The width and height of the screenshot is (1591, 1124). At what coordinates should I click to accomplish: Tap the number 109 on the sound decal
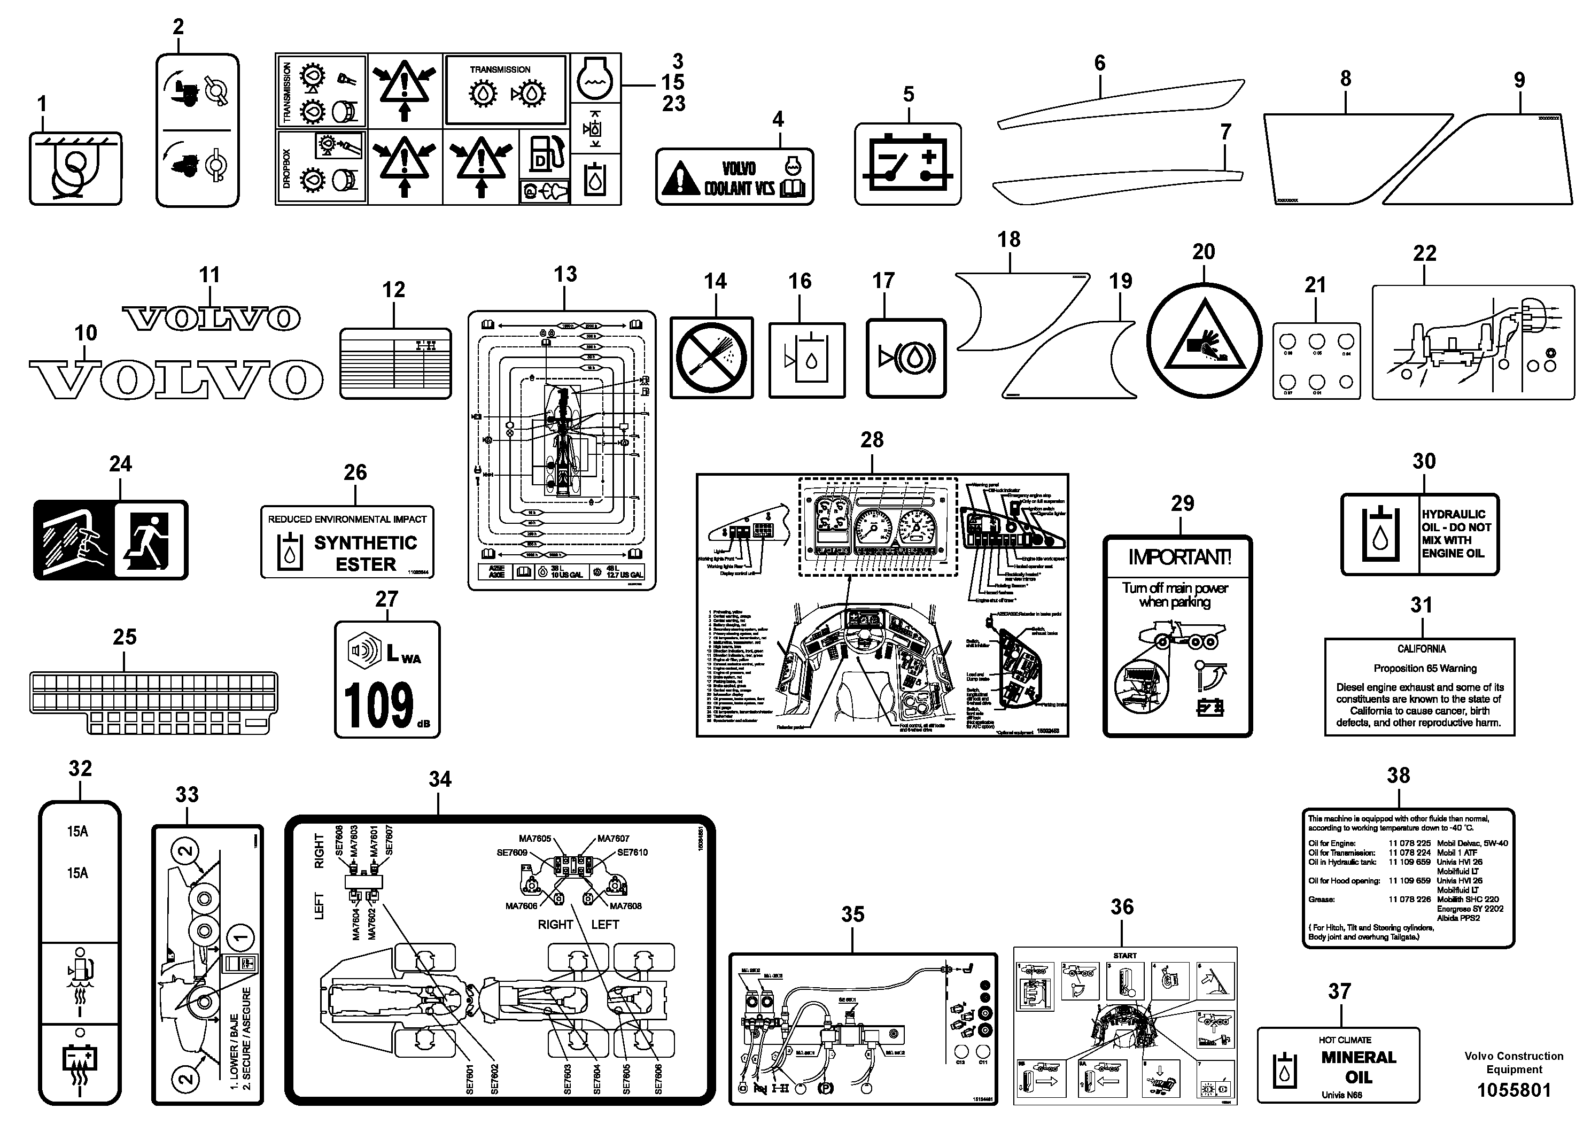pos(378,706)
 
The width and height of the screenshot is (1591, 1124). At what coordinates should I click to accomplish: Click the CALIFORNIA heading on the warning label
pos(1421,649)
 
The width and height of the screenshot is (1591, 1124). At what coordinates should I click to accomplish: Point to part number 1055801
pos(1514,1090)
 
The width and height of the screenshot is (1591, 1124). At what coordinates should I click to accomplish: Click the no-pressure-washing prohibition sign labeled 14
pos(712,358)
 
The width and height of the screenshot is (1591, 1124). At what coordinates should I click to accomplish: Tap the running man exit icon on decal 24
pos(150,540)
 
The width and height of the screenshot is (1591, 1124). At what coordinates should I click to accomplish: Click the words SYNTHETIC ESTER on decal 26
pos(365,553)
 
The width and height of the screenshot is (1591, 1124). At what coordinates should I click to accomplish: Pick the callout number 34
pos(440,779)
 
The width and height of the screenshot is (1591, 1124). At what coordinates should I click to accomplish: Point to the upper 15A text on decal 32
pos(77,832)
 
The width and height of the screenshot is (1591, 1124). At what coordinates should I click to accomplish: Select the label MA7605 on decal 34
pos(534,839)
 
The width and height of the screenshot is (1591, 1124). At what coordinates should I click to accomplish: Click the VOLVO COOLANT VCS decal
pos(734,177)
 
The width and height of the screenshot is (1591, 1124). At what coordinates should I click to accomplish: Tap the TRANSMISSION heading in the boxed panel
pos(500,69)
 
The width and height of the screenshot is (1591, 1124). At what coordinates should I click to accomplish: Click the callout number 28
pos(872,439)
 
